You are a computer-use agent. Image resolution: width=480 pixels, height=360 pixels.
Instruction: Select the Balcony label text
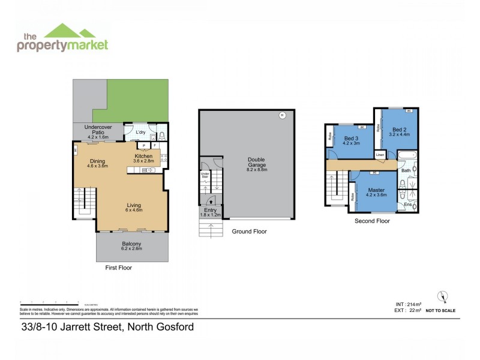[x=131, y=244]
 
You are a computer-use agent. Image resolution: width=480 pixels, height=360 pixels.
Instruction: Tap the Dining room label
[x=97, y=161]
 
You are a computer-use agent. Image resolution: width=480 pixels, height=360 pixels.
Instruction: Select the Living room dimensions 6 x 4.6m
[x=134, y=211]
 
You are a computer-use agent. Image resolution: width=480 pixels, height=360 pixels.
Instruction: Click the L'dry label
[x=141, y=132]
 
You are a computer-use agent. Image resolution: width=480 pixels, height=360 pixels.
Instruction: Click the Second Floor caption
[x=373, y=221]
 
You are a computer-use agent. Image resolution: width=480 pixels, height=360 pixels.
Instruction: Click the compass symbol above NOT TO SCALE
[x=443, y=296]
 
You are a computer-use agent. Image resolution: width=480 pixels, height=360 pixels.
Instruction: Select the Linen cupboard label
[x=380, y=155]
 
